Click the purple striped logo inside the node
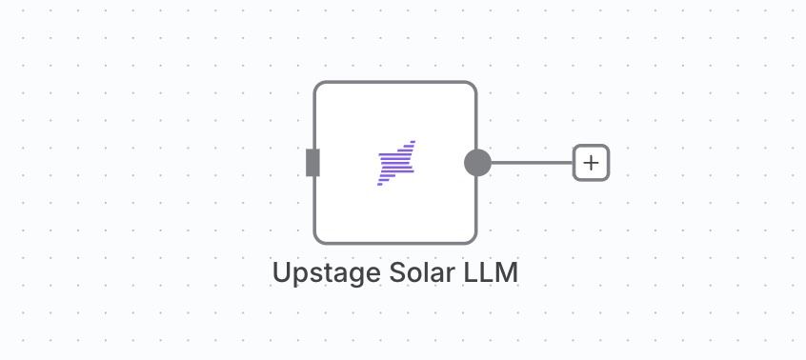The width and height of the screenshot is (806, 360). pyautogui.click(x=395, y=163)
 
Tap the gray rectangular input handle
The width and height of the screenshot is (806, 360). pyautogui.click(x=312, y=163)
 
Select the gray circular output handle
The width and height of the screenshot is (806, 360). pyautogui.click(x=477, y=163)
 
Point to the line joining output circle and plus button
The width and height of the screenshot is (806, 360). pyautogui.click(x=532, y=163)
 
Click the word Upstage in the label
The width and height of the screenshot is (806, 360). pyautogui.click(x=328, y=273)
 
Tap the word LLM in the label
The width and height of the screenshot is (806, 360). pyautogui.click(x=491, y=272)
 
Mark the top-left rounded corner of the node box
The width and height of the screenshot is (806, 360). pyautogui.click(x=318, y=86)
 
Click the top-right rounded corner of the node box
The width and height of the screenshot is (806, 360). pyautogui.click(x=473, y=86)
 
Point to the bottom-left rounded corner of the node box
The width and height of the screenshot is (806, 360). pyautogui.click(x=318, y=240)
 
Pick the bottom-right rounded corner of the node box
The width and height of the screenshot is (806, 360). pyautogui.click(x=473, y=240)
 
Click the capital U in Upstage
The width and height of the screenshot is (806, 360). pyautogui.click(x=281, y=272)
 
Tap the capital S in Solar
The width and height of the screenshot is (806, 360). pyautogui.click(x=398, y=272)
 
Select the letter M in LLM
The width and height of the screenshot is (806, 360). pyautogui.click(x=507, y=272)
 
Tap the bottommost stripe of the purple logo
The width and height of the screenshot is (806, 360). pyautogui.click(x=380, y=184)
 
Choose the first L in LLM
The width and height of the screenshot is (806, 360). pyautogui.click(x=471, y=272)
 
